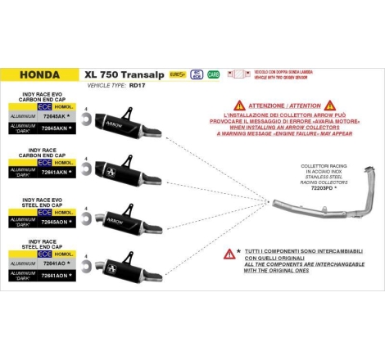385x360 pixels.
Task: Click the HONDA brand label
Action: click(x=38, y=74)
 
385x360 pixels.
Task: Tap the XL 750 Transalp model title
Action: click(x=122, y=72)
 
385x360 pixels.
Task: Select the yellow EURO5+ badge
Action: click(x=176, y=74)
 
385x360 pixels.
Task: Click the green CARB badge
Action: click(x=214, y=74)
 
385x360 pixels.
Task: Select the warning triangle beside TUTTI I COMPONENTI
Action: click(x=229, y=254)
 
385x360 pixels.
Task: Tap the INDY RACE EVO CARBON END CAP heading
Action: click(x=42, y=99)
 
